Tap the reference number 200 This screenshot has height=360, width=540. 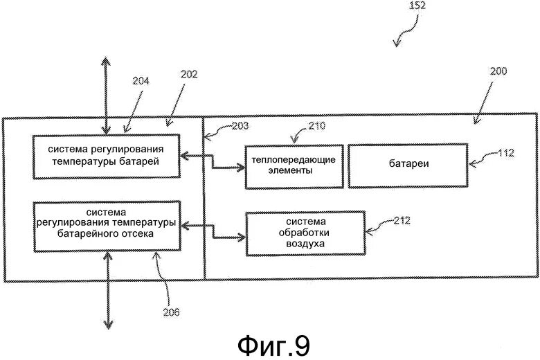(497, 71)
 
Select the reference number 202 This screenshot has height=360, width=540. (189, 73)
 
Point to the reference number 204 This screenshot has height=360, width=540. (141, 80)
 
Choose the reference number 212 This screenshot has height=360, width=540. (400, 222)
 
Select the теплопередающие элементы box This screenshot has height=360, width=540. (294, 166)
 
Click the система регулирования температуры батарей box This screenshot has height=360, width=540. (106, 156)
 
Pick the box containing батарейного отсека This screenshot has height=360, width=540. (106, 226)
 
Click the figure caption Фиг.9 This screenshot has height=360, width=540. (275, 344)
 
